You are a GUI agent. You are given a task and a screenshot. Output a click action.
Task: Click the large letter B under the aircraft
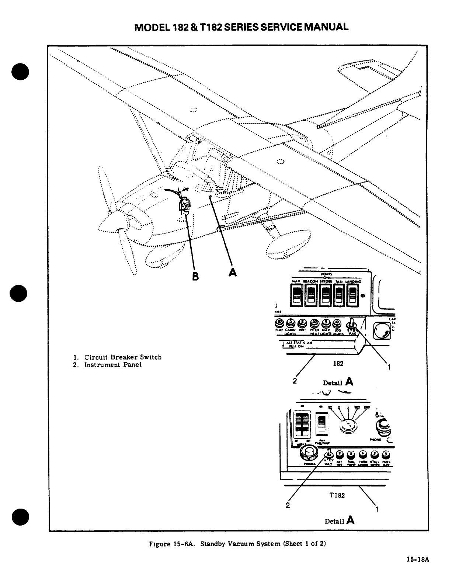tap(196, 276)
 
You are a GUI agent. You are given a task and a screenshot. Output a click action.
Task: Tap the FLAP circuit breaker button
tap(279, 323)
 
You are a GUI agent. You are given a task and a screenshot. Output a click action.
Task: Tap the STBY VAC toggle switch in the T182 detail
tap(328, 453)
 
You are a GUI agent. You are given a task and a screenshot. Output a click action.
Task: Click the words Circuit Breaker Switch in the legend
tap(123, 357)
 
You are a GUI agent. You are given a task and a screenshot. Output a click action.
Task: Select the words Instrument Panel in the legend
tap(113, 365)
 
